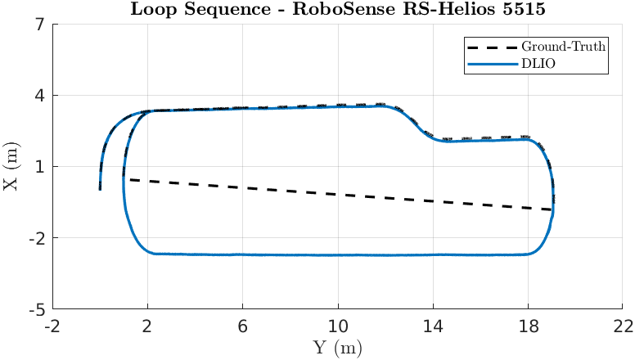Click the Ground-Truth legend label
coord(564,46)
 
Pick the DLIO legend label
coord(539,63)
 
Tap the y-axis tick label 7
coord(39,24)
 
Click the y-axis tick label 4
coord(39,96)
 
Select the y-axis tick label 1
coord(39,167)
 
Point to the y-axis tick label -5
coord(36,311)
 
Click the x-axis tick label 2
coord(148,326)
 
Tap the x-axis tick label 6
coord(243,326)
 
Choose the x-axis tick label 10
coord(338,326)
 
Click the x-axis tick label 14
coord(433,326)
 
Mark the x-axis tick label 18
coord(528,326)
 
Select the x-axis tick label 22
coord(623,326)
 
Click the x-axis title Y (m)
coord(338,348)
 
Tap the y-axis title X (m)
coord(11,167)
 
